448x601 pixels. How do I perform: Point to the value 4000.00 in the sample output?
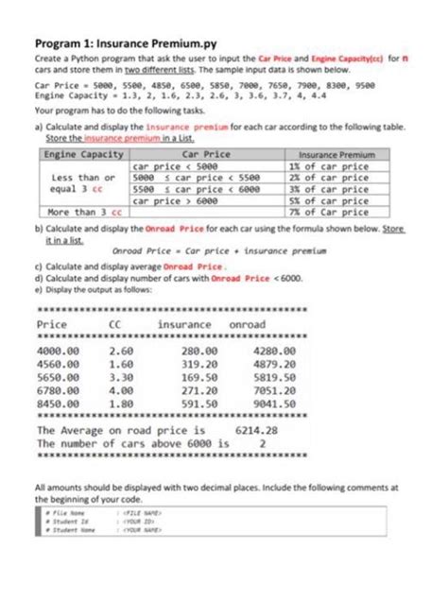[x=58, y=352]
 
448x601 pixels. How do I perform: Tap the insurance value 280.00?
[x=198, y=352]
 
